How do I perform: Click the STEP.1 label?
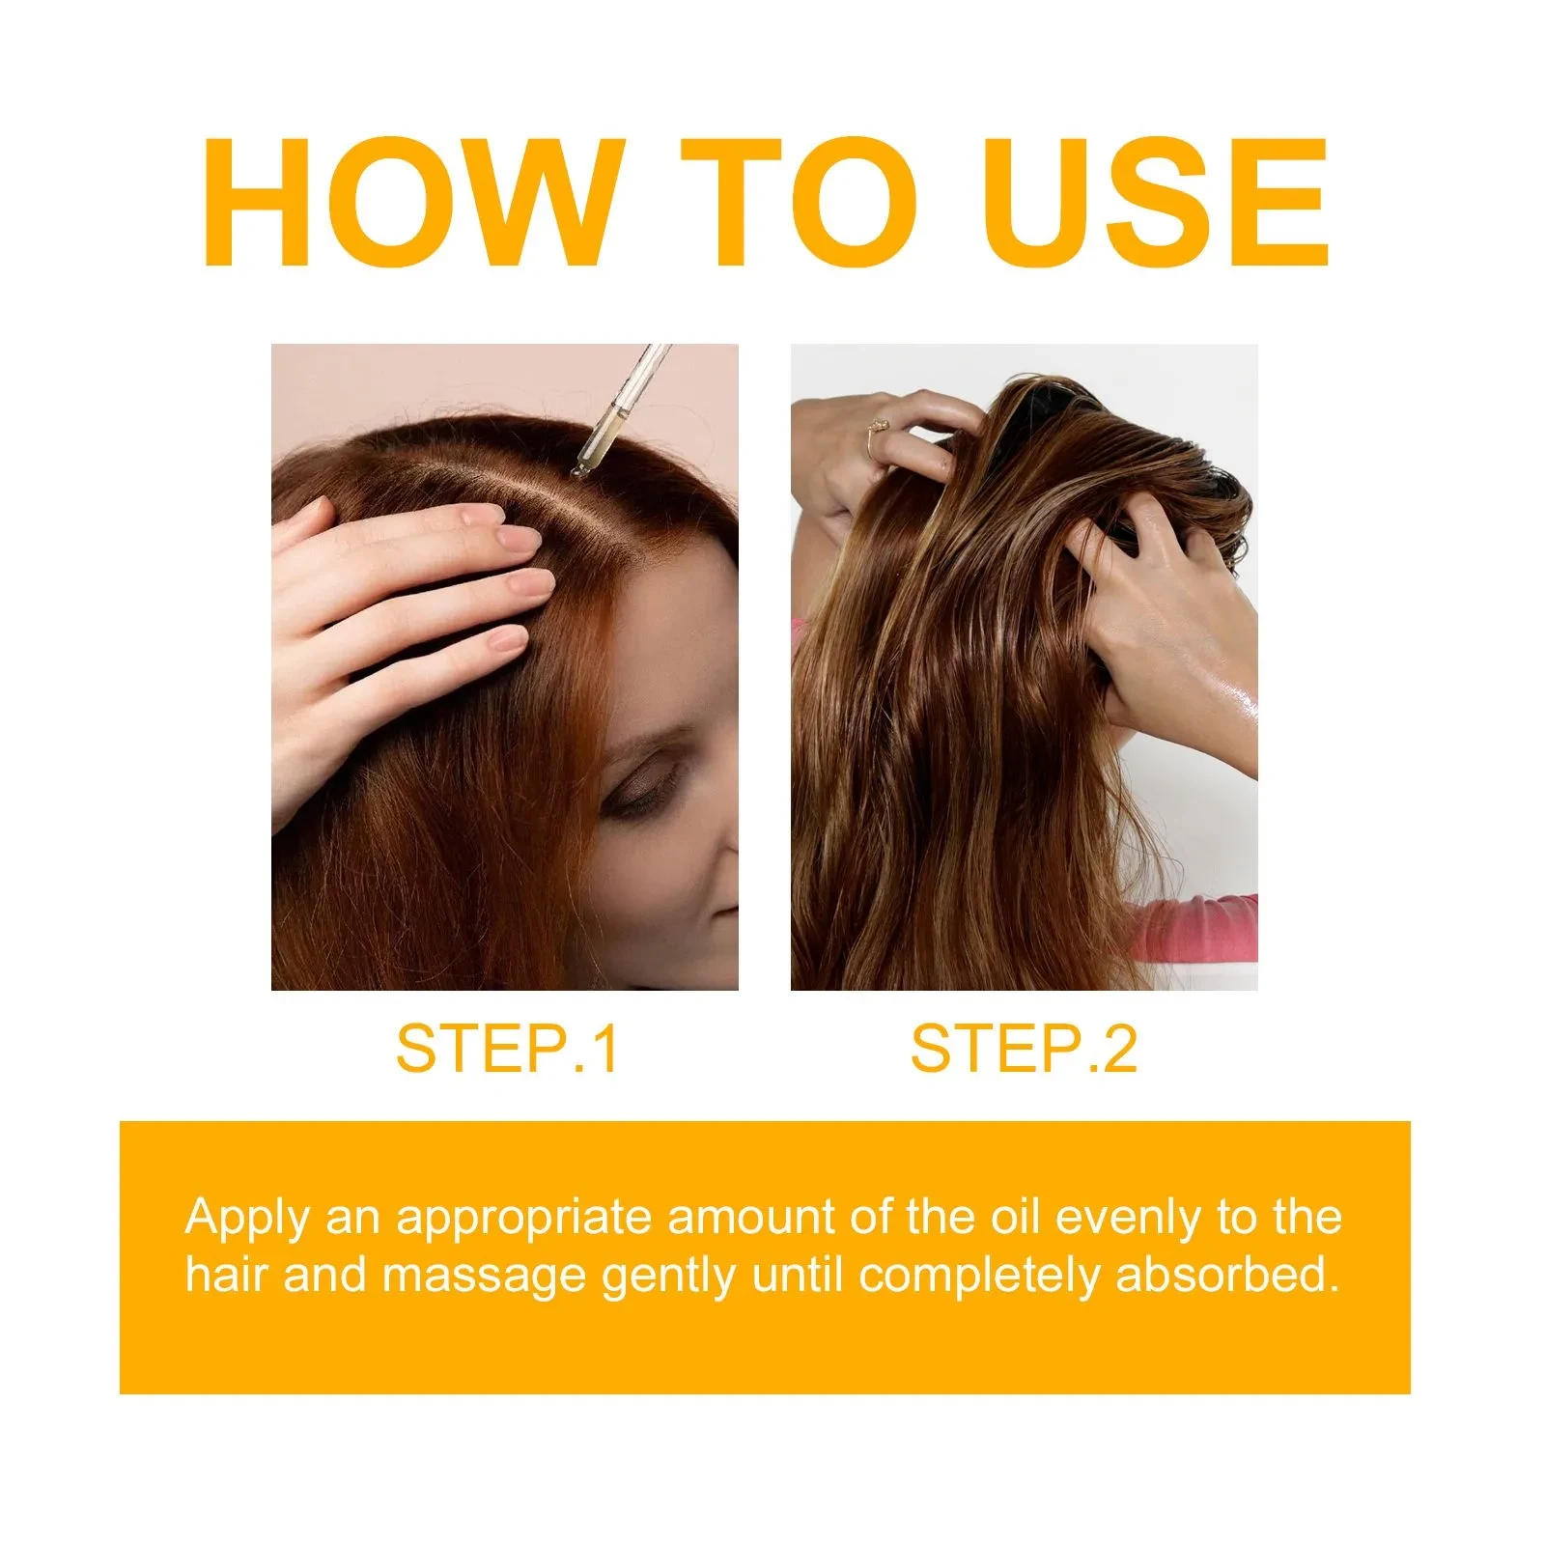(x=506, y=1049)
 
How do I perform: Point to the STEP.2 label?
(x=1024, y=1049)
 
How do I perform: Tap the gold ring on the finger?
(x=878, y=426)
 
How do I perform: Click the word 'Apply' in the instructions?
(x=246, y=1219)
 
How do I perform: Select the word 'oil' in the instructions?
(x=1016, y=1217)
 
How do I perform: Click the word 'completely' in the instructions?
(x=980, y=1277)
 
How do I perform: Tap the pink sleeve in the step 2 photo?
(x=1197, y=927)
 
